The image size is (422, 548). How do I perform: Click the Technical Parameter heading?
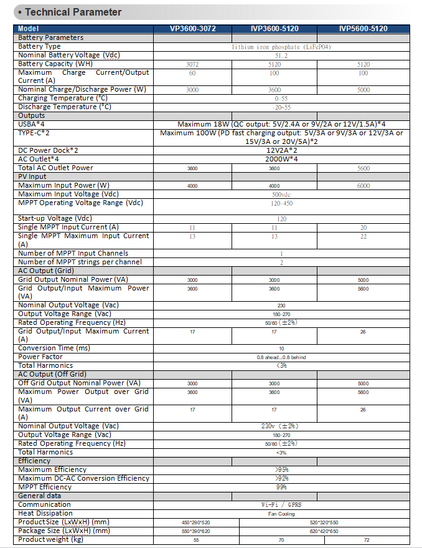(x=73, y=12)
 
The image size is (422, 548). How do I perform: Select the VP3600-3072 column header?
(x=192, y=29)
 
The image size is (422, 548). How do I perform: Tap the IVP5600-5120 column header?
(x=363, y=29)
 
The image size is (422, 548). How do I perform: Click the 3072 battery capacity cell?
(x=192, y=64)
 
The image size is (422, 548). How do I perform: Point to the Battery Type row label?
(x=40, y=46)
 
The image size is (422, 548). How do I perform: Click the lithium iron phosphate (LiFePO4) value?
(x=281, y=47)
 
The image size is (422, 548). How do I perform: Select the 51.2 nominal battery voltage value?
(x=281, y=55)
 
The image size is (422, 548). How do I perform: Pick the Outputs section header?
(x=32, y=115)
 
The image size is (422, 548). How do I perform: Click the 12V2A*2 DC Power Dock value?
(x=281, y=150)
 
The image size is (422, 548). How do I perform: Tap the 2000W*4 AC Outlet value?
(x=281, y=159)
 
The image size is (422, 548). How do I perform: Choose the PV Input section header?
(x=32, y=176)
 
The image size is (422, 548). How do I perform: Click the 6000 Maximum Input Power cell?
(x=363, y=186)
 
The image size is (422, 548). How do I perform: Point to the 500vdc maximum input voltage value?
(x=281, y=195)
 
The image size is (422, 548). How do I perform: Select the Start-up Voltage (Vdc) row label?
(x=55, y=218)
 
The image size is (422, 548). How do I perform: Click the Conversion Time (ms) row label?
(x=54, y=348)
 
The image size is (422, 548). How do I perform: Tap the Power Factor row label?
(x=40, y=357)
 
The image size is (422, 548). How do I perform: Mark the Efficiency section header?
(x=35, y=461)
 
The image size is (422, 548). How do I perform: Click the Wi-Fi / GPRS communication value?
(x=281, y=505)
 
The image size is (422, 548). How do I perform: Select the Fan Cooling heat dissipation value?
(x=281, y=514)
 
